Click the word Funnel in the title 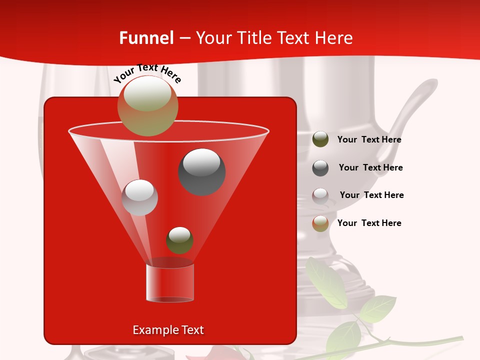(146, 38)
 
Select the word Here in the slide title (334, 38)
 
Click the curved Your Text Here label (147, 73)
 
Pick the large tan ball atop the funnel (148, 105)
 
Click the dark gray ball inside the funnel (202, 171)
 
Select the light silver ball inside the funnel (140, 197)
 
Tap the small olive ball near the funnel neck (179, 240)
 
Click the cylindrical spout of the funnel (170, 283)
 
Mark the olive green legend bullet (320, 139)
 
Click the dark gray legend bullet (320, 167)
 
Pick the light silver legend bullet (320, 195)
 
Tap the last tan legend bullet (320, 223)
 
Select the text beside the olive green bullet (369, 140)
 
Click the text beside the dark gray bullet (370, 168)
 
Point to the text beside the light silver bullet (371, 195)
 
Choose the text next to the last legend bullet (369, 223)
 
